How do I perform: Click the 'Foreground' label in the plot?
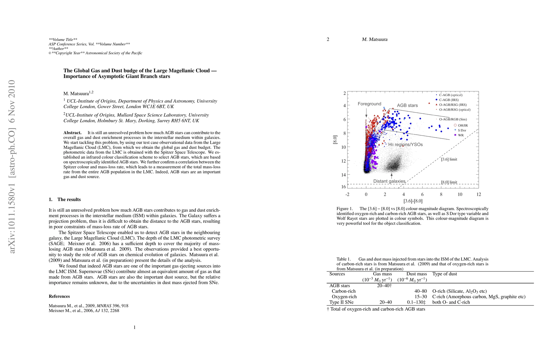[369, 104]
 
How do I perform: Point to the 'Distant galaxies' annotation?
[389, 181]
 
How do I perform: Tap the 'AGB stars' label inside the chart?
[407, 105]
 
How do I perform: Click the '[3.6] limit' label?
[449, 159]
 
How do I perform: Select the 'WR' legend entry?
[461, 135]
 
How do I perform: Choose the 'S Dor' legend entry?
[462, 130]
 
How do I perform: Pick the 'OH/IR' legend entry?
[463, 125]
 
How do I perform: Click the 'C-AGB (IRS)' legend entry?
[449, 100]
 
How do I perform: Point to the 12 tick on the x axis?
[479, 194]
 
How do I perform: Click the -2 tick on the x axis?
[347, 194]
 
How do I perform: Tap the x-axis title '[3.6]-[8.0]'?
[413, 201]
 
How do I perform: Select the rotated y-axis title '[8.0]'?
[335, 139]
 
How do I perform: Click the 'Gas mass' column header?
[382, 274]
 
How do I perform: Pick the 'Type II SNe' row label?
[341, 302]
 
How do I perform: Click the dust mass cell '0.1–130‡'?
[417, 302]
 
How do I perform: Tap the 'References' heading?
[59, 296]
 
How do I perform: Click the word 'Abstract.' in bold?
[72, 133]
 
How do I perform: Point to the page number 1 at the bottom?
[135, 327]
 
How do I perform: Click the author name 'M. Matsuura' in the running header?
[375, 39]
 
